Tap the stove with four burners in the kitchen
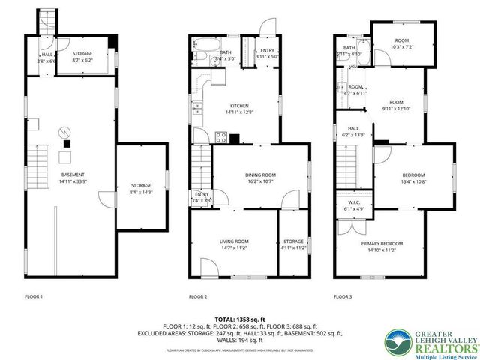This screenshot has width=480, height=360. coord(222,136)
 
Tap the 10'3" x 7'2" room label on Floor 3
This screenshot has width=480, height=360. coord(402,42)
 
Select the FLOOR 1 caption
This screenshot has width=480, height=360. coord(34,296)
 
